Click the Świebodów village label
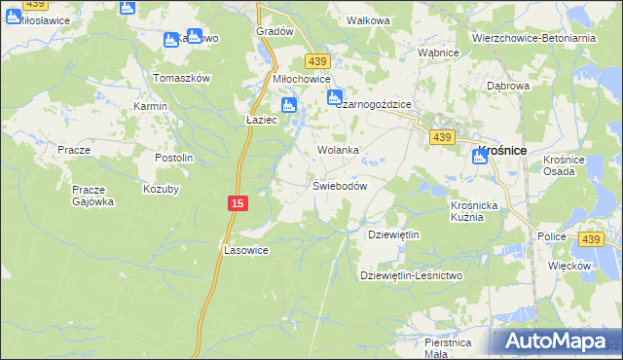pos(339,186)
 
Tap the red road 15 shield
pos(238,202)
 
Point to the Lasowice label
pos(246,250)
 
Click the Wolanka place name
pos(339,151)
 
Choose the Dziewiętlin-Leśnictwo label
pos(411,275)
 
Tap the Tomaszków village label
pos(182,78)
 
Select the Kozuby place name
pos(162,189)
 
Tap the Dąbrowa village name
pos(507,86)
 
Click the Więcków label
pos(569,266)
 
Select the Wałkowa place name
pos(368,19)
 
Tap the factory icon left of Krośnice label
pos(480,157)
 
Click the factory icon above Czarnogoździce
pos(334,97)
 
